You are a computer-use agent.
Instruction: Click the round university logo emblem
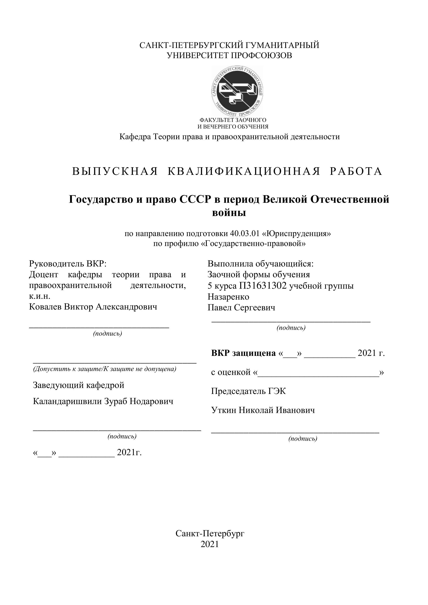(x=238, y=91)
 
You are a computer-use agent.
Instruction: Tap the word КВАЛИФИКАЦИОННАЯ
(x=244, y=171)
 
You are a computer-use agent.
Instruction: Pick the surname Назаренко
(x=228, y=297)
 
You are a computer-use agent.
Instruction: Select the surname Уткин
(x=224, y=410)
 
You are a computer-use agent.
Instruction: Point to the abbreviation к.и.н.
(x=40, y=296)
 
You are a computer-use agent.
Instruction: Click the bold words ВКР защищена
(x=243, y=353)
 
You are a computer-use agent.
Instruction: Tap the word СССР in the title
(x=196, y=199)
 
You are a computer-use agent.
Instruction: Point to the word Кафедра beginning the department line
(x=135, y=137)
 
